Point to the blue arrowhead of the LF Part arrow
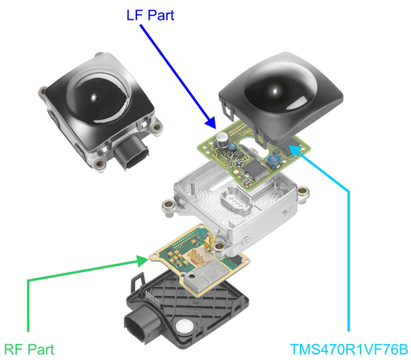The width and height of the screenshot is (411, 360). pyautogui.click(x=212, y=124)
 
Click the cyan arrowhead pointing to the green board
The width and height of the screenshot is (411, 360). pyautogui.click(x=293, y=150)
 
